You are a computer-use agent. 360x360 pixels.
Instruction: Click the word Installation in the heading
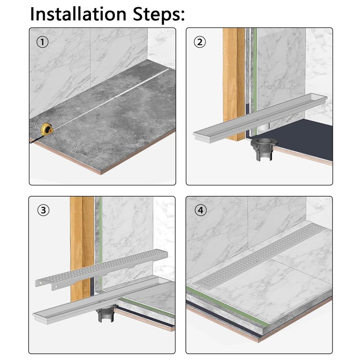tap(78, 14)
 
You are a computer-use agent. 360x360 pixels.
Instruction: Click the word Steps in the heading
tap(159, 14)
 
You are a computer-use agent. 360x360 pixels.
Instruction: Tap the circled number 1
tap(42, 42)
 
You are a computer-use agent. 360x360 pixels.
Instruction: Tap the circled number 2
tap(200, 42)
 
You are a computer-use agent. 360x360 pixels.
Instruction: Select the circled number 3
tap(43, 210)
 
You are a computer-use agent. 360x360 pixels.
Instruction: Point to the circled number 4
tap(201, 210)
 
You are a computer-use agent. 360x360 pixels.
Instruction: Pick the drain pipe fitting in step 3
tap(105, 314)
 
